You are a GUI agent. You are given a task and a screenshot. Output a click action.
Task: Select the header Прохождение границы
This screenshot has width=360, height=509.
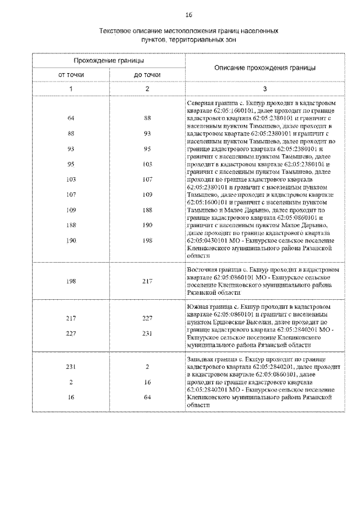tap(109, 60)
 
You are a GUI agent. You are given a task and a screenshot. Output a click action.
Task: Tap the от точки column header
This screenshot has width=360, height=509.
tap(71, 75)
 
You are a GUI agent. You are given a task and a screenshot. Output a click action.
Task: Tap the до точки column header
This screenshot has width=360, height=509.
tap(147, 75)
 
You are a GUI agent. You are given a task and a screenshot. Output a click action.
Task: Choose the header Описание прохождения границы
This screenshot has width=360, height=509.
tap(265, 67)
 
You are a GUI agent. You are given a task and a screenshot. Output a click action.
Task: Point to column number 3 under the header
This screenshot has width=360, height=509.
tap(265, 89)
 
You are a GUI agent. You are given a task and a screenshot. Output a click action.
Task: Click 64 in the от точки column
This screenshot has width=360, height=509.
tap(71, 119)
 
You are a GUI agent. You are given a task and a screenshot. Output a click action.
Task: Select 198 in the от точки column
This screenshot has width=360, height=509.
tap(71, 281)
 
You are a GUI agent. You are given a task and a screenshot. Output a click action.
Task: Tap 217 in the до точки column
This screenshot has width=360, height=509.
tap(147, 281)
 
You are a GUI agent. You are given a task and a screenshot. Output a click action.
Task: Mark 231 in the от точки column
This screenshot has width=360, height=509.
tap(71, 367)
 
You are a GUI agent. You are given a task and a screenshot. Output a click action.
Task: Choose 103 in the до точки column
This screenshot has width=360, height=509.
tap(147, 164)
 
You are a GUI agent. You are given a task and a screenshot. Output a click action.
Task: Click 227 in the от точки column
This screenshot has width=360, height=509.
tap(71, 333)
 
